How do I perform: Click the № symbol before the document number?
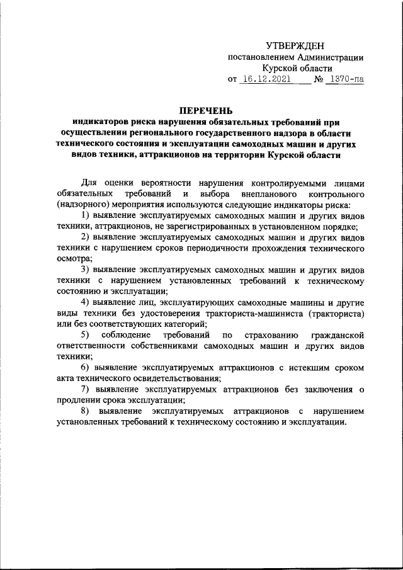click(318, 80)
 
